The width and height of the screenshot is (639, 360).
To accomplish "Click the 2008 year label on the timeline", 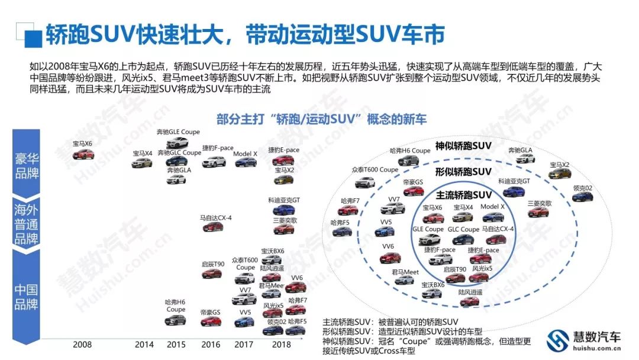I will [83, 345].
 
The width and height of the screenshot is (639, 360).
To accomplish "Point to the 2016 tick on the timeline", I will [211, 345].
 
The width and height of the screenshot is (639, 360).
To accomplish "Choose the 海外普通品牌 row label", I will [27, 224].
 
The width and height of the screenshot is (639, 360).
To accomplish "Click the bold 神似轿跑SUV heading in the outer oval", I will [463, 146].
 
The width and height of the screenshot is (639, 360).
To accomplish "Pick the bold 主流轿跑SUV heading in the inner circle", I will [463, 195].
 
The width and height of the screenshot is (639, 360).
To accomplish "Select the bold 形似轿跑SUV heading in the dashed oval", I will [463, 172].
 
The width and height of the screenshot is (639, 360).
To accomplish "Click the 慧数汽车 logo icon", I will [557, 340].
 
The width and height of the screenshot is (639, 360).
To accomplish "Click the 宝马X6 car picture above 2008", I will [83, 155].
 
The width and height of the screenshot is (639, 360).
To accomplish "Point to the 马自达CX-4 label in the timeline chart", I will [215, 218].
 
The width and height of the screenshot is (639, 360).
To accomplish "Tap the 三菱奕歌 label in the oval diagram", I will [539, 203].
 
